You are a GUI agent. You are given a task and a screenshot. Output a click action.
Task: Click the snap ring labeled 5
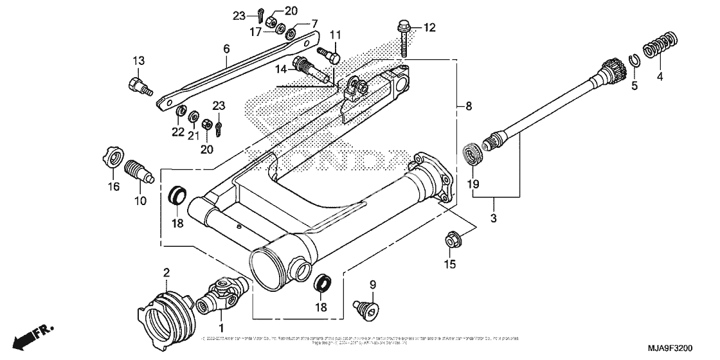pyautogui.click(x=633, y=61)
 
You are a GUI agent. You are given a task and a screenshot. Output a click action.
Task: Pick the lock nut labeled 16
pyautogui.click(x=113, y=158)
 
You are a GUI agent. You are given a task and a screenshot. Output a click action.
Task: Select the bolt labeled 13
pyautogui.click(x=138, y=85)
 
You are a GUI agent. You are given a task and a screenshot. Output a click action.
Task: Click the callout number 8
pyautogui.click(x=468, y=105)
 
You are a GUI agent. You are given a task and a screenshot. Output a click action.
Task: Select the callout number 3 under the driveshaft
pyautogui.click(x=494, y=219)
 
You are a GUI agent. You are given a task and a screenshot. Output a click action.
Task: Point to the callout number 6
pyautogui.click(x=226, y=49)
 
